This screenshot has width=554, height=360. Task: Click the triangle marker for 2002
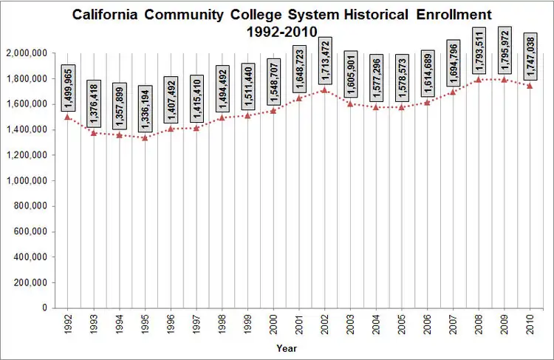[324, 90]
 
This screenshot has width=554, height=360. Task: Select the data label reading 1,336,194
[146, 109]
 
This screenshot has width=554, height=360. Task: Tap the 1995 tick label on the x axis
[146, 324]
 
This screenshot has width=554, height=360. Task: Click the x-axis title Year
[287, 348]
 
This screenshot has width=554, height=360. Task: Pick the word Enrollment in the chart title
[454, 15]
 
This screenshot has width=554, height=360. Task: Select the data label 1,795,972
[505, 50]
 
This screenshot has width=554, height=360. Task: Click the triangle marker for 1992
[68, 117]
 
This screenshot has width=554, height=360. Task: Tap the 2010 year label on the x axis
[530, 324]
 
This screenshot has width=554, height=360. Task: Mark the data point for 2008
[479, 80]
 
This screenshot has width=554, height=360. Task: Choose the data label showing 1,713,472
[325, 61]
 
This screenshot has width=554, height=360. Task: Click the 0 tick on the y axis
[44, 308]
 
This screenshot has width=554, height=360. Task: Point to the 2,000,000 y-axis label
[27, 53]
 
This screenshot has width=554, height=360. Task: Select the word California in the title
[105, 15]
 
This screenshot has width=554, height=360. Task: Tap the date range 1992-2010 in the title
[282, 32]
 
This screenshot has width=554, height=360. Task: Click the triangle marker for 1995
[145, 138]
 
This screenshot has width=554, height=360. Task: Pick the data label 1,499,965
[68, 88]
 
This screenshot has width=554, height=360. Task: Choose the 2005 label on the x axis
[402, 324]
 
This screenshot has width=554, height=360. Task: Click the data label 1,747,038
[530, 57]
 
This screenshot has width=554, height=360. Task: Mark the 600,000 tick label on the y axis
[30, 231]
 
